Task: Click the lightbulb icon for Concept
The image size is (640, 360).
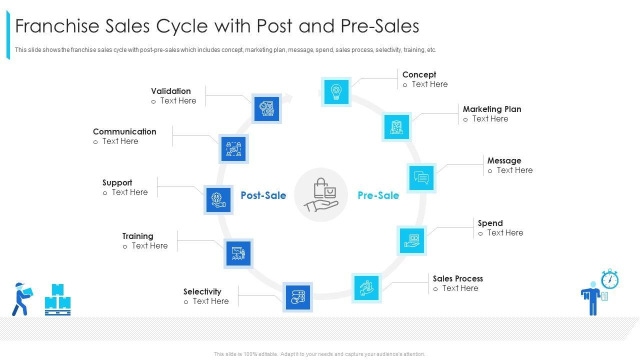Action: point(336,92)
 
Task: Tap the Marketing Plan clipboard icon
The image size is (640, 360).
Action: point(396,127)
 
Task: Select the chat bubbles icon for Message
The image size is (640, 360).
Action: point(421,178)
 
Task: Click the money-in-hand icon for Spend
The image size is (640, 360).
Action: point(412,240)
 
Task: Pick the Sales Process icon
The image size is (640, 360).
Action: point(366,288)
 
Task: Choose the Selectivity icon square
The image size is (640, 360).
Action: point(297,297)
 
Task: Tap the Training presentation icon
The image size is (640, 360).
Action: point(238,253)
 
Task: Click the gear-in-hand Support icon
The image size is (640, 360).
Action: point(218,200)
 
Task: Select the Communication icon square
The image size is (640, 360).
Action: point(233,148)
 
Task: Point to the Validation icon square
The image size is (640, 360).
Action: point(266,108)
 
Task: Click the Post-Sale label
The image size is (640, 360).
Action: point(263,195)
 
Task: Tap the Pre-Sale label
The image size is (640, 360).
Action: point(378,195)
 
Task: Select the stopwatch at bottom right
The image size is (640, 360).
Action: point(609,279)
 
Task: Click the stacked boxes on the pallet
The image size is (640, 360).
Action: point(57,299)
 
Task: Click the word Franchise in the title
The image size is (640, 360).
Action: point(56,26)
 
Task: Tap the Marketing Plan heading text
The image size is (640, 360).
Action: point(491,109)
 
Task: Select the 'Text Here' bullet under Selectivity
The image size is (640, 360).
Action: point(210,301)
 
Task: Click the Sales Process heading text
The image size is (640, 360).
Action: point(457,278)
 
